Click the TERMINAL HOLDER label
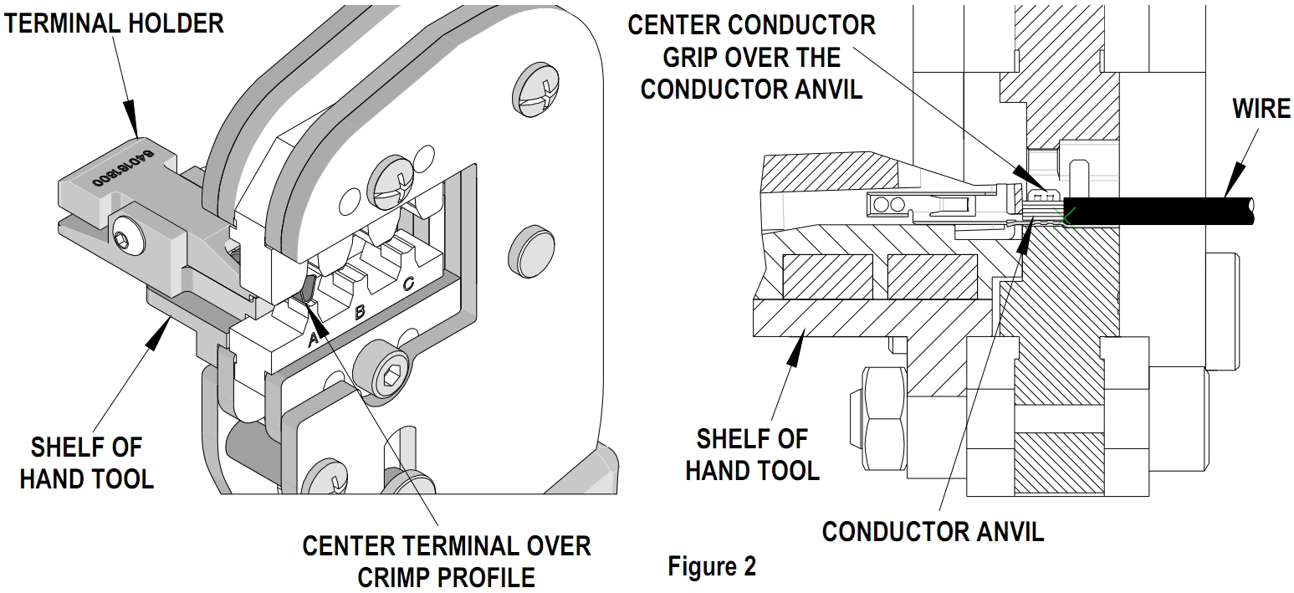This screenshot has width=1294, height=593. (x=114, y=23)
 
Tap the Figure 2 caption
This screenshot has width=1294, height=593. (x=711, y=566)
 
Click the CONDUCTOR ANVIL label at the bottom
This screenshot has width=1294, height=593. (x=933, y=531)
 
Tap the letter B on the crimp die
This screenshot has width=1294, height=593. (x=360, y=312)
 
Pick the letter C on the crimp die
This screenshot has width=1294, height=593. (x=407, y=284)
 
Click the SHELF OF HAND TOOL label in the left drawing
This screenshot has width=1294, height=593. (x=86, y=463)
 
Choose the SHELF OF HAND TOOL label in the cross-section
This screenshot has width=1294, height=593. (x=752, y=454)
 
